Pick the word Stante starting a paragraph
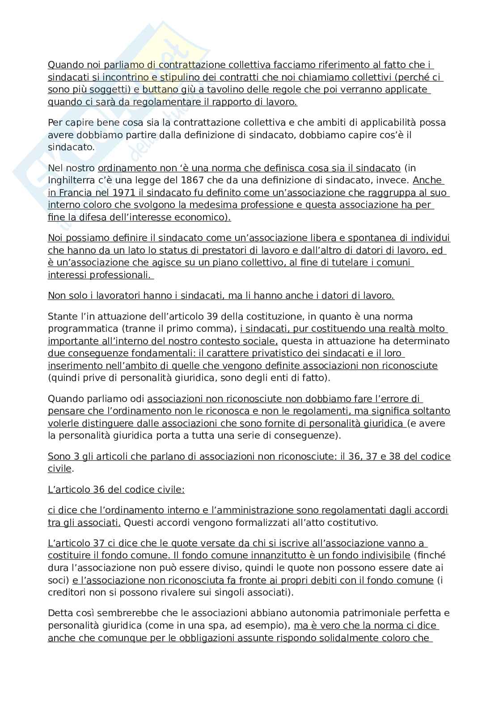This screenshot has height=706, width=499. point(62,317)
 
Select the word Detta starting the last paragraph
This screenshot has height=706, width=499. point(59,613)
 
